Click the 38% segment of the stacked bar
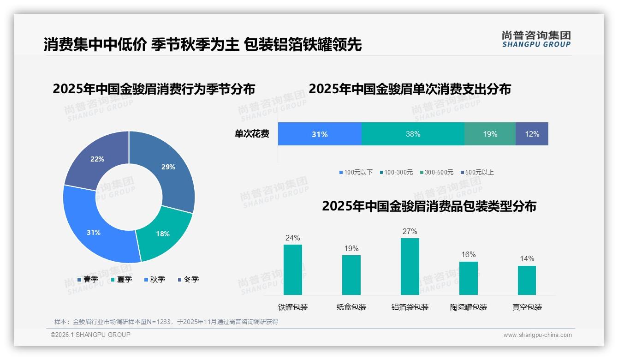click(x=413, y=134)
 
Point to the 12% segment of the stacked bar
click(x=532, y=134)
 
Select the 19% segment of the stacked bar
click(x=490, y=134)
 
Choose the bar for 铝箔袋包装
click(x=410, y=266)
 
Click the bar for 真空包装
click(x=527, y=280)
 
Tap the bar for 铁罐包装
click(x=292, y=270)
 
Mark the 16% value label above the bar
click(x=468, y=254)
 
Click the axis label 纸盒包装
click(x=351, y=307)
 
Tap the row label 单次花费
click(x=252, y=134)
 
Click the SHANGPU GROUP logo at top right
click(x=536, y=39)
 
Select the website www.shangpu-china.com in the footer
click(x=537, y=335)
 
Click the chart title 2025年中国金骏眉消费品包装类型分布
click(x=429, y=206)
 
